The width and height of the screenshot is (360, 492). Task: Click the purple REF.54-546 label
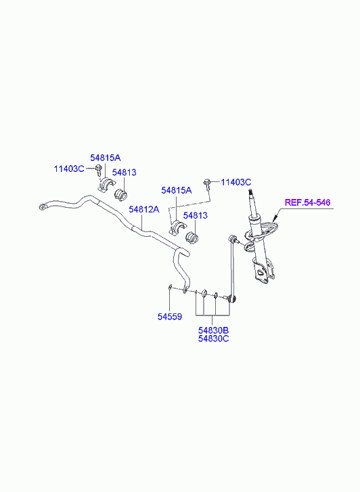click(307, 202)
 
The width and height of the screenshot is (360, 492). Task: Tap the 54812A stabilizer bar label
click(144, 209)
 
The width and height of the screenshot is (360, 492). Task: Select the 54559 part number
click(169, 317)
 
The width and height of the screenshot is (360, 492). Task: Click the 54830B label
click(213, 330)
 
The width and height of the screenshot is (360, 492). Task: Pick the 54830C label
click(213, 338)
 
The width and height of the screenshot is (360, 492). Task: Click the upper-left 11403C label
click(69, 169)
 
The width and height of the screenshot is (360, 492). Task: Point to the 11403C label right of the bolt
click(236, 182)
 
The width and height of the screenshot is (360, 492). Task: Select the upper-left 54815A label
click(106, 158)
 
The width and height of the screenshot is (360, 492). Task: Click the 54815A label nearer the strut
click(177, 190)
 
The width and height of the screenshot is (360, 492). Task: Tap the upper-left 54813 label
click(125, 173)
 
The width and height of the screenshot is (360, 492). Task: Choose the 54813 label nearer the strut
click(195, 216)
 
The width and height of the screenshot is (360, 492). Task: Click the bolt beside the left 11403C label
click(99, 169)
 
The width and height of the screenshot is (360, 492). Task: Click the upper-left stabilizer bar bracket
click(104, 185)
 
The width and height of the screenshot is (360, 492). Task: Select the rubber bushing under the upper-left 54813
click(120, 194)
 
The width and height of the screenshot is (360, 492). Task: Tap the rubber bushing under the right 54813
click(192, 238)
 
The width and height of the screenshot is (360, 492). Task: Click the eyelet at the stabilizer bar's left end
click(43, 206)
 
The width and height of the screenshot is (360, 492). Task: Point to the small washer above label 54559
click(170, 286)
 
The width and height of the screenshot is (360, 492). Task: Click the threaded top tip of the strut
click(250, 191)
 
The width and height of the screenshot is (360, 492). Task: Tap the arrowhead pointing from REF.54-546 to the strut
click(275, 219)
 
